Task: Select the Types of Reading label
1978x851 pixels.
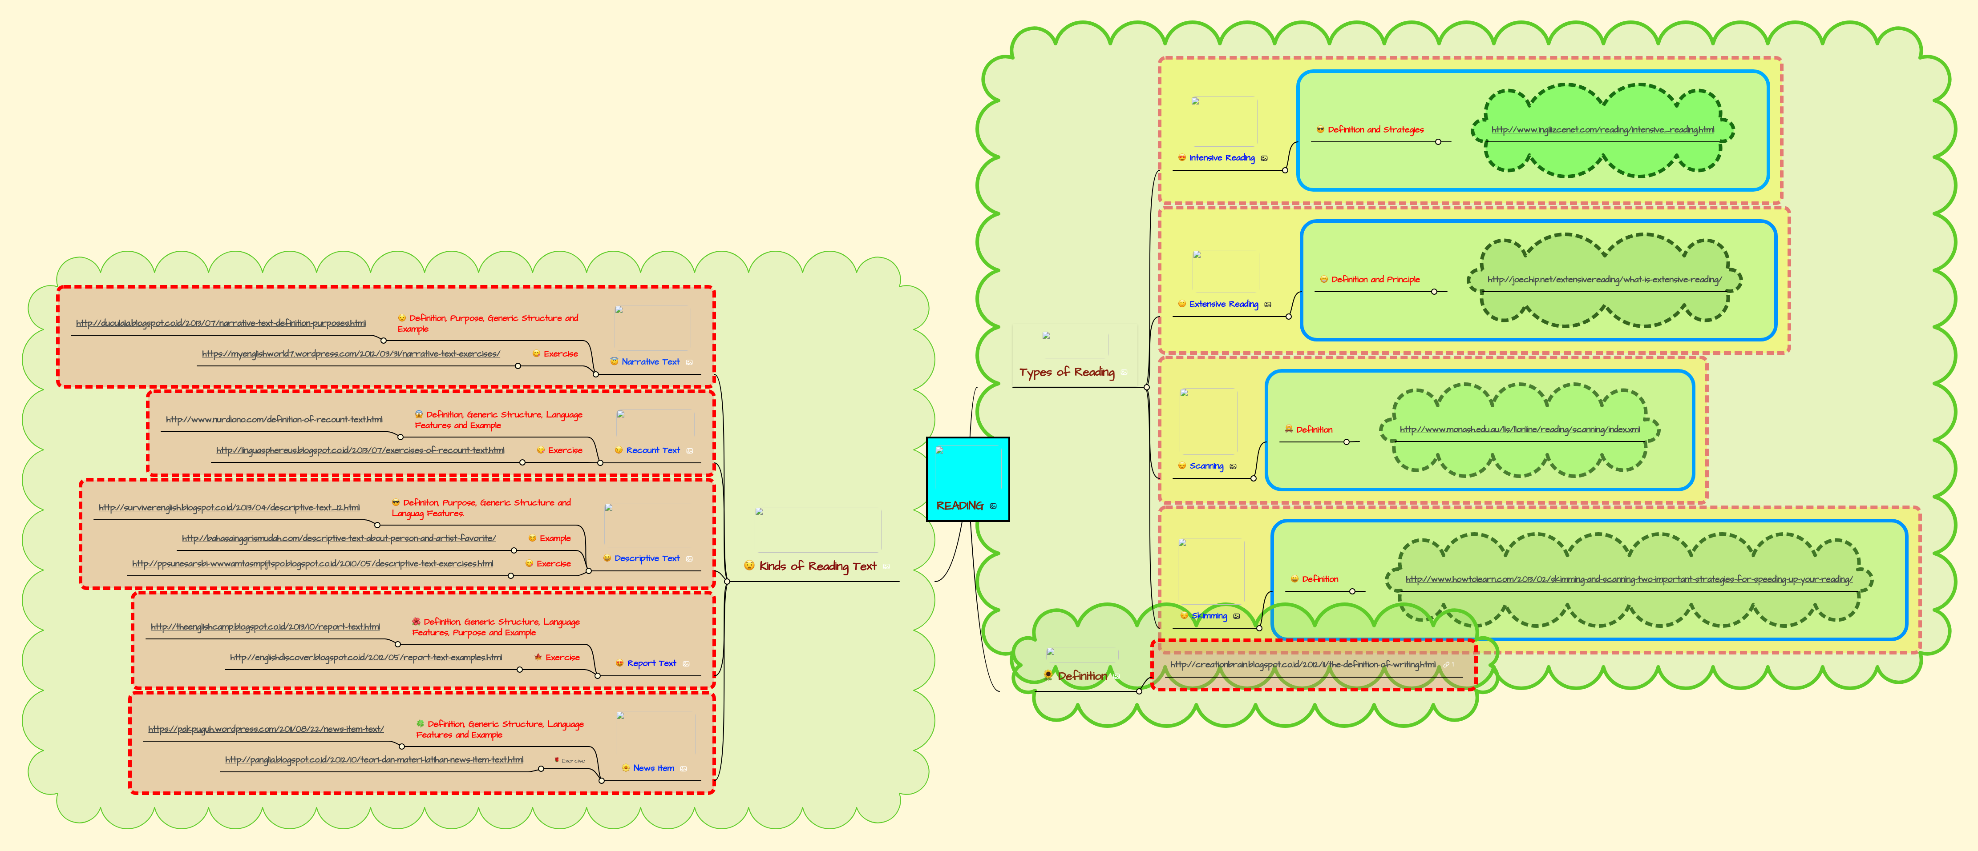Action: click(x=1067, y=372)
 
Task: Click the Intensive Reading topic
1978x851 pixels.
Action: click(x=1222, y=158)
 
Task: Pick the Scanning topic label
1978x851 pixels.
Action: click(x=1206, y=466)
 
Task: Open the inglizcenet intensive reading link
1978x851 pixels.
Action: click(x=1602, y=130)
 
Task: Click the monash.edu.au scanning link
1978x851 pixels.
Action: click(x=1519, y=430)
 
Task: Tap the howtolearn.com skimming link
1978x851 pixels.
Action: click(x=1628, y=579)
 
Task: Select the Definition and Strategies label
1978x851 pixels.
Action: click(x=1375, y=130)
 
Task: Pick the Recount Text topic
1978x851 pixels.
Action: click(x=653, y=450)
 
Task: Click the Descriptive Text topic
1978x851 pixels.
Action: click(x=647, y=558)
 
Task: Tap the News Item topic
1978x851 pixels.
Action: click(x=653, y=768)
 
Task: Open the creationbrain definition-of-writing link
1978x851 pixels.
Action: click(x=1302, y=665)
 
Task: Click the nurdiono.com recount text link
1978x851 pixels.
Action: click(x=274, y=420)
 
